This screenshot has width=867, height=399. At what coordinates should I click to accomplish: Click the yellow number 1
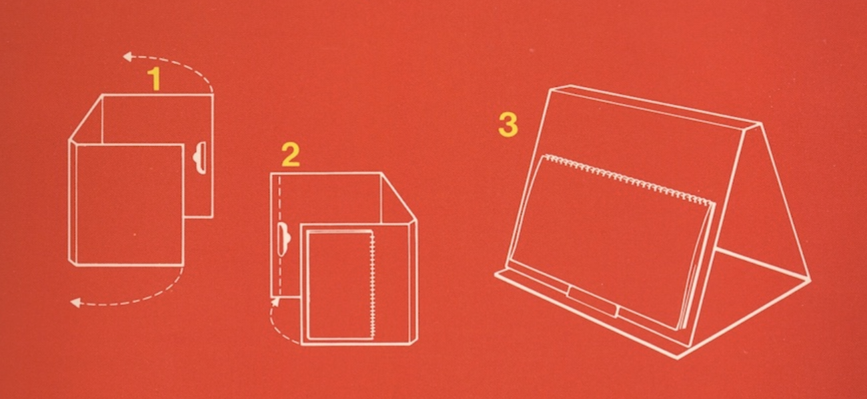click(155, 80)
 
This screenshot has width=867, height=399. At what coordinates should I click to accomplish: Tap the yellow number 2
click(290, 156)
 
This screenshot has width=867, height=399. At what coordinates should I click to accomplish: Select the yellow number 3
click(508, 125)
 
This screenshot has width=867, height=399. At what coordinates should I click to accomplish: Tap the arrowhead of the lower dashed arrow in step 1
click(75, 303)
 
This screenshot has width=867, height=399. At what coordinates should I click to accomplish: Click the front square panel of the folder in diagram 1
click(127, 203)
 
